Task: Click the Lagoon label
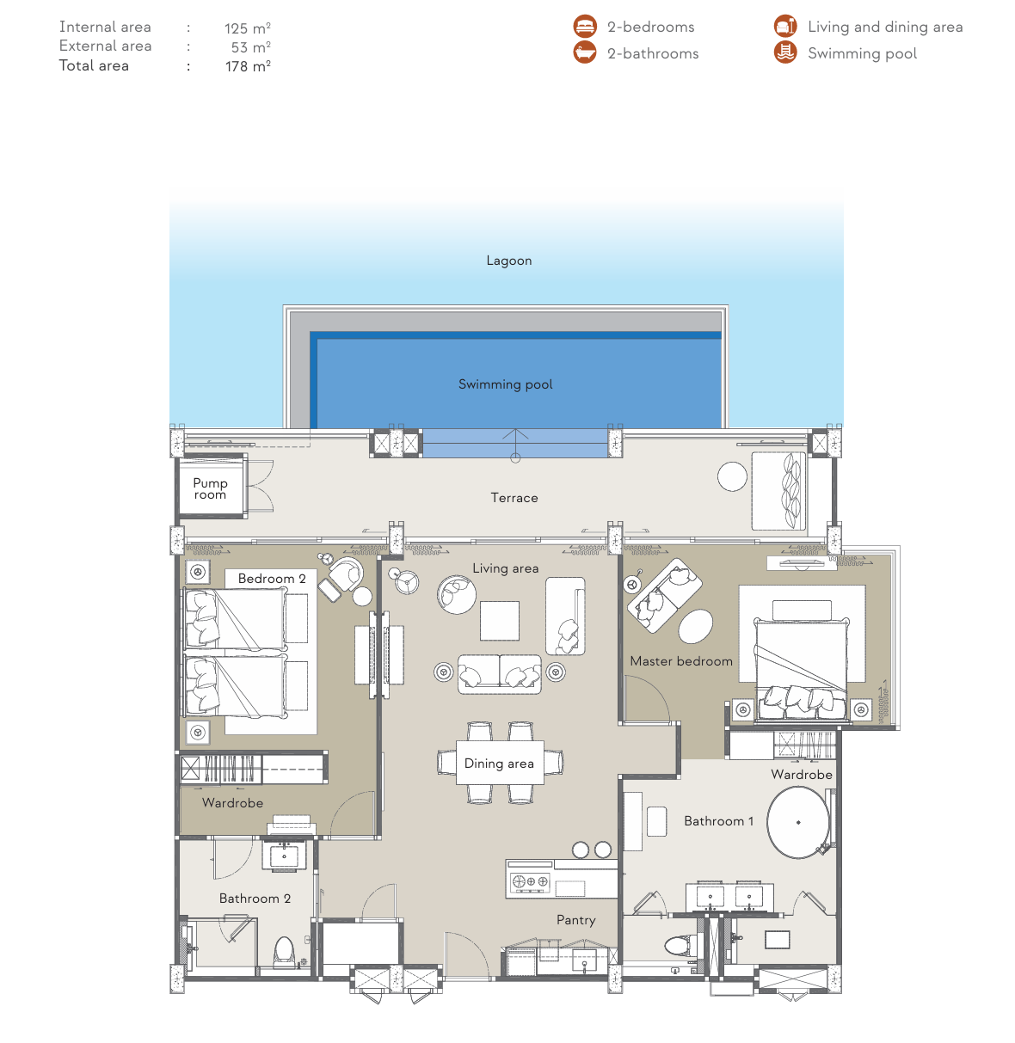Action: click(509, 261)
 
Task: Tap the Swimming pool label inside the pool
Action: click(505, 384)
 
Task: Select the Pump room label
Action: click(210, 488)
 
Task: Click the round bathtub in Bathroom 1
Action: click(798, 822)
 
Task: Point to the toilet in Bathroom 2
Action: click(284, 953)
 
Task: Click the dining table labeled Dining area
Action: click(500, 763)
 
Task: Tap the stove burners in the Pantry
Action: click(529, 881)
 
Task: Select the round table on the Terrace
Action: click(732, 476)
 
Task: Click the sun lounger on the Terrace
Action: click(778, 491)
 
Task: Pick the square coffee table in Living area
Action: click(499, 621)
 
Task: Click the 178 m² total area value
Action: click(248, 66)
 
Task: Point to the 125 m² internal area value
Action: click(247, 28)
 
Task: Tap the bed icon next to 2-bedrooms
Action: click(584, 27)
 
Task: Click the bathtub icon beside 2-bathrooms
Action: click(584, 52)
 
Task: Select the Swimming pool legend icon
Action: click(785, 52)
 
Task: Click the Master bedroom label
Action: click(681, 661)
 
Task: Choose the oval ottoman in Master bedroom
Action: click(695, 626)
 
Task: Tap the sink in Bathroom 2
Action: click(284, 856)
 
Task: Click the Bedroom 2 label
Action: click(271, 579)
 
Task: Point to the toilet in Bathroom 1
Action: click(680, 944)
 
